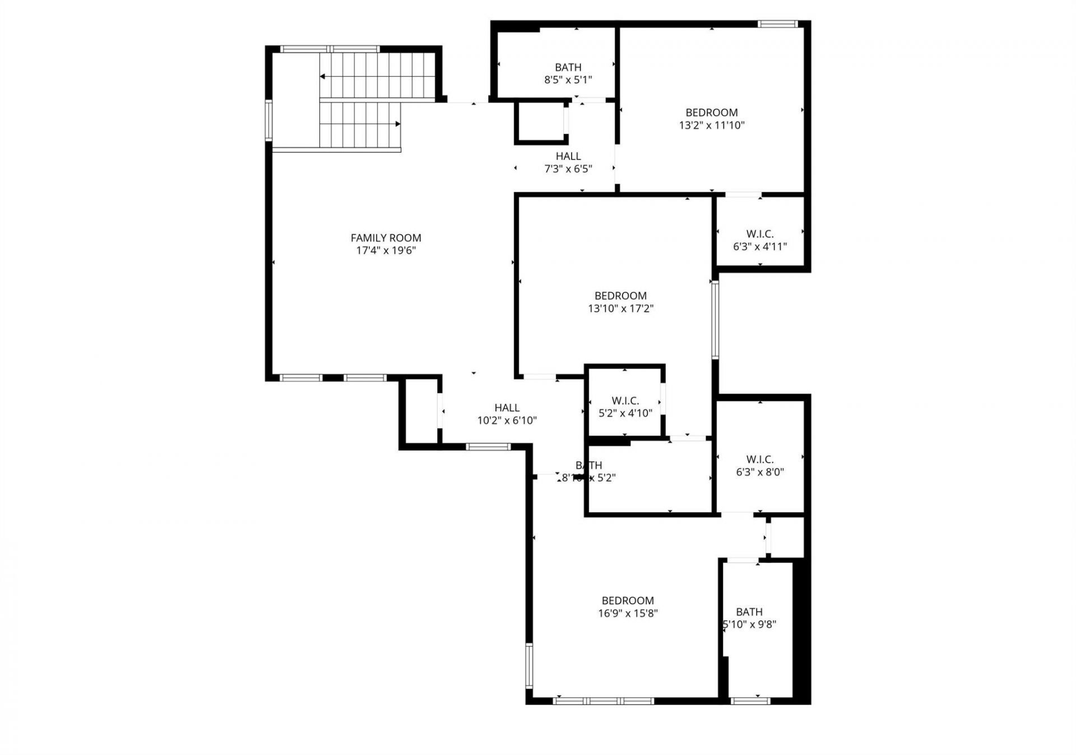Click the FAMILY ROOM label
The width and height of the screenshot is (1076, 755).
click(386, 238)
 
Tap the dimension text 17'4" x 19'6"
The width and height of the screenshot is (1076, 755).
click(386, 250)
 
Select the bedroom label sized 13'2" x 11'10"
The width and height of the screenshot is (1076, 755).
click(712, 113)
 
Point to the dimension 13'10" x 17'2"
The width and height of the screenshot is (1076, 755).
click(620, 308)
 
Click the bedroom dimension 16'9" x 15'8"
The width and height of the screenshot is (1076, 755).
click(628, 613)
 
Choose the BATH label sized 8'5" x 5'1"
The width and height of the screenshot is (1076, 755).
click(568, 67)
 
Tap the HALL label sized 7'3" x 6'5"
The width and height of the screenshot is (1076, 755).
click(568, 156)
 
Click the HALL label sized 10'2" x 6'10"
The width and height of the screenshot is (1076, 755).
click(507, 408)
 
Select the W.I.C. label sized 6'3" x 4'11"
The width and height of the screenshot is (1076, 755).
click(760, 234)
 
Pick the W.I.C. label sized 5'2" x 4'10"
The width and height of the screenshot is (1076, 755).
click(625, 401)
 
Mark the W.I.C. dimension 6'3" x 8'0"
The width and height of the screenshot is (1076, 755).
click(760, 472)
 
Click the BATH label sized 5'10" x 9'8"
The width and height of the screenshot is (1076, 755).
click(749, 612)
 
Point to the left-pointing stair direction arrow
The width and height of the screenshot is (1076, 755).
click(323, 77)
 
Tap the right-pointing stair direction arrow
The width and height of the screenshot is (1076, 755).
click(397, 124)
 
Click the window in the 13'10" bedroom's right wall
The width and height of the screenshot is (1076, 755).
click(715, 319)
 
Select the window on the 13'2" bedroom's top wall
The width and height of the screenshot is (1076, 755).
click(777, 24)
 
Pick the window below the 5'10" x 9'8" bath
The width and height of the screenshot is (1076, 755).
click(750, 701)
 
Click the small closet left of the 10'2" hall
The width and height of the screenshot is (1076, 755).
click(421, 412)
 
